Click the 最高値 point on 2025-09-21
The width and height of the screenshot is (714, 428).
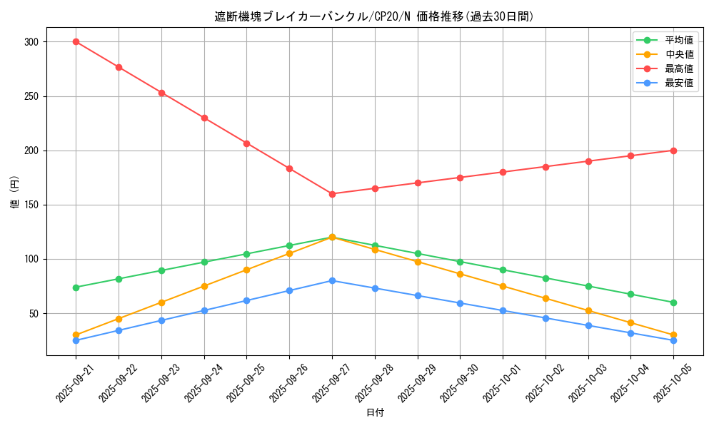coord(76,41)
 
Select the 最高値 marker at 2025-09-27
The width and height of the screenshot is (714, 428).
coord(332,194)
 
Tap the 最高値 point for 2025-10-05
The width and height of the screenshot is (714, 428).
coord(673,151)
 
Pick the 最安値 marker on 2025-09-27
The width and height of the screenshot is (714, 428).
coord(332,280)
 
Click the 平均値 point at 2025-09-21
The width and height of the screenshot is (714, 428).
coord(76,287)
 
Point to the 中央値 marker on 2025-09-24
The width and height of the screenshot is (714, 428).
coord(204,286)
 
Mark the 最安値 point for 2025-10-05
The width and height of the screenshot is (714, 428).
coord(673,340)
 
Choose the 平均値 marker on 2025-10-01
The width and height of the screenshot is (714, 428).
coord(503,270)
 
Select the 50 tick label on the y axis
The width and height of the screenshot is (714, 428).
coord(33,313)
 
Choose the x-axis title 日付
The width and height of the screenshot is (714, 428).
coord(375,413)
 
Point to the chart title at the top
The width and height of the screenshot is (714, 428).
coord(374,16)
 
